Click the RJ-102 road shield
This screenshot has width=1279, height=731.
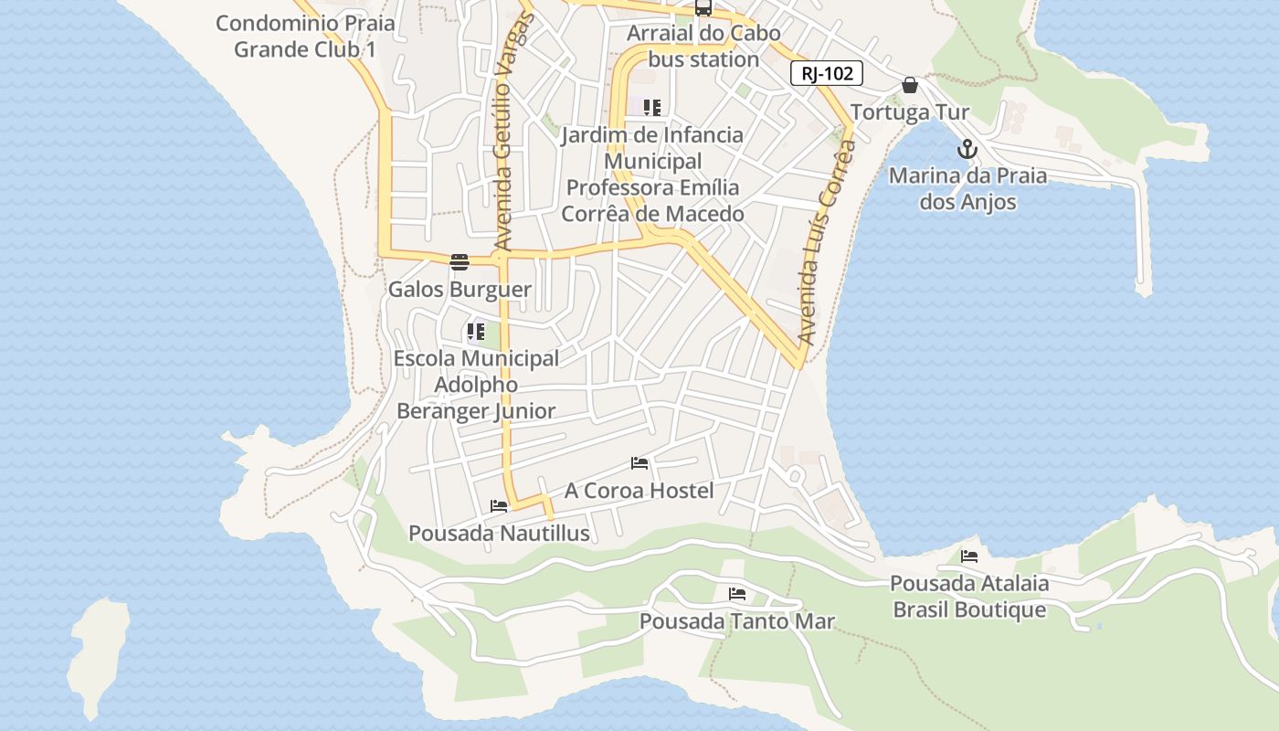(827, 74)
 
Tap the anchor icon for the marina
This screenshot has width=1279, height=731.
(967, 149)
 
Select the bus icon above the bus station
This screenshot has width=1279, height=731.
(703, 8)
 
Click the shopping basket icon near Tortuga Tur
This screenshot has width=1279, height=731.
(910, 85)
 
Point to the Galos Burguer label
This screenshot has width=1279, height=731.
(460, 290)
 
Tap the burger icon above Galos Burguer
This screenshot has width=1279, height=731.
(460, 262)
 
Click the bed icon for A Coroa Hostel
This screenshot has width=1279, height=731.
(639, 463)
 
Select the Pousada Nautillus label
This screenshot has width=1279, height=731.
(499, 533)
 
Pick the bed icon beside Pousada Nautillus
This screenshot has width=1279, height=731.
(499, 505)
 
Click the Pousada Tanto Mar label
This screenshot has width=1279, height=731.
(736, 621)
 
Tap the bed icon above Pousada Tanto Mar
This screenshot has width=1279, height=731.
(737, 594)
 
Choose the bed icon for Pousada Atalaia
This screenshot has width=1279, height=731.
(969, 556)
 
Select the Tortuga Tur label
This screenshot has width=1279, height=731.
(910, 112)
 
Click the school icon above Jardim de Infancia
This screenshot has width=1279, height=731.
(652, 108)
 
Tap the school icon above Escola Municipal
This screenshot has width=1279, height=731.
(476, 332)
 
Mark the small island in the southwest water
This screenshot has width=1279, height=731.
(98, 653)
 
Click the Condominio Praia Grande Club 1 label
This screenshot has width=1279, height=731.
(305, 36)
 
